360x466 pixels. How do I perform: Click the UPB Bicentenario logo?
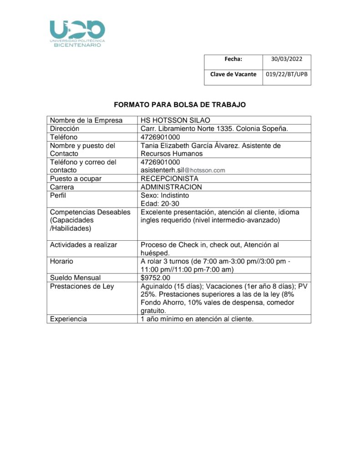(x=77, y=33)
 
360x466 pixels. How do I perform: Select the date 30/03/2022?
(x=284, y=59)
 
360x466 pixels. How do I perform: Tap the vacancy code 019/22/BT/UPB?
(x=286, y=74)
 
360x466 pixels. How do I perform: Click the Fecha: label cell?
(x=233, y=59)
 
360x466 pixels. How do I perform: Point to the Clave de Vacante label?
(x=233, y=74)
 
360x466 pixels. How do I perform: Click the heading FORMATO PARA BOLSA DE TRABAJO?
(x=179, y=105)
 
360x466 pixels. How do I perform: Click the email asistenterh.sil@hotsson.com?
(x=183, y=170)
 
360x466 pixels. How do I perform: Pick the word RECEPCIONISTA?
(x=169, y=178)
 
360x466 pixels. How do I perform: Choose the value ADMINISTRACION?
(x=171, y=187)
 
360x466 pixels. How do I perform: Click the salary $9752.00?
(x=155, y=278)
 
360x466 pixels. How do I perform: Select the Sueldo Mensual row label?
(x=75, y=278)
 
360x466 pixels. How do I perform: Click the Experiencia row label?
(x=68, y=319)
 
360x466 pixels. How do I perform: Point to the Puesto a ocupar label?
(x=76, y=178)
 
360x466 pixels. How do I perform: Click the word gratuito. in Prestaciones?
(x=153, y=311)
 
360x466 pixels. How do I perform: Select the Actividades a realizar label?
(x=83, y=245)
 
